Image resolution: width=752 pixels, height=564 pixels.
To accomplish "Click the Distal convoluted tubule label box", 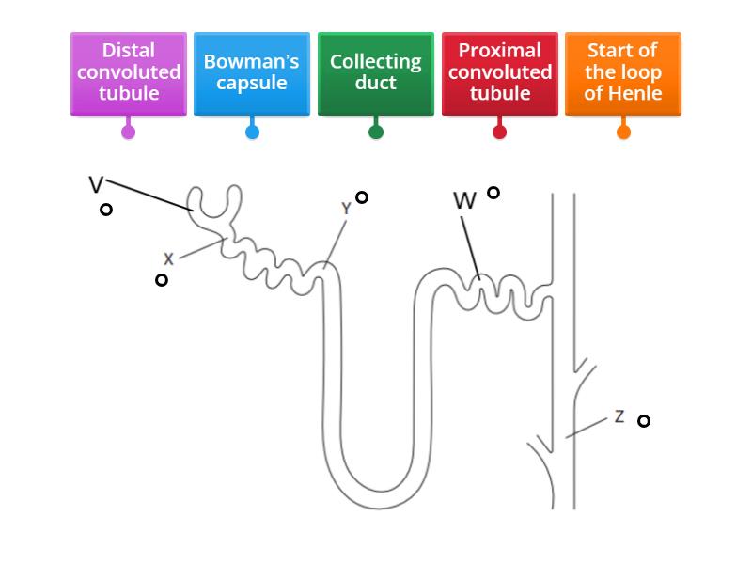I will coord(129,72).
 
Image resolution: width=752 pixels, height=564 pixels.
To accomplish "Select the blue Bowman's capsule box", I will coord(251,72).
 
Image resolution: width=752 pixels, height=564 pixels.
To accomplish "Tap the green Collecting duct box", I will coord(375,72).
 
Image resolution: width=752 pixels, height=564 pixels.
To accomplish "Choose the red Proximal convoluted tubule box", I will coord(499,72).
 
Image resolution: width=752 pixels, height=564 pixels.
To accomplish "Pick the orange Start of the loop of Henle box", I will coord(622,72).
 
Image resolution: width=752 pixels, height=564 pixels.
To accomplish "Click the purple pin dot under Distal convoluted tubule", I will coord(129,132).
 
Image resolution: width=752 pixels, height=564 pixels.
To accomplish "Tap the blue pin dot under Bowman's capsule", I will coord(252,132).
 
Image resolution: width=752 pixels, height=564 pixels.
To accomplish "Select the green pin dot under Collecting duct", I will coord(376,132).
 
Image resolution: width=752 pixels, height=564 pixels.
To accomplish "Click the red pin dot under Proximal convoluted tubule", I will coord(499,132).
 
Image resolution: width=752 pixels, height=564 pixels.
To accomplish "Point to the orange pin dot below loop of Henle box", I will coord(623,132).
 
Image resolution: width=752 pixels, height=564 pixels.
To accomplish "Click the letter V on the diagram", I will coord(96,184).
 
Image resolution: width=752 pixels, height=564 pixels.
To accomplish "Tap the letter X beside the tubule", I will coord(168,258).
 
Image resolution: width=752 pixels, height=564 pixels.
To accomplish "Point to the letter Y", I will coord(346,209).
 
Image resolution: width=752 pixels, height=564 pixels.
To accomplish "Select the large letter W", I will coord(464,201).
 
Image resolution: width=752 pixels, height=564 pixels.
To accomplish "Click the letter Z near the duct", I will coord(619,416).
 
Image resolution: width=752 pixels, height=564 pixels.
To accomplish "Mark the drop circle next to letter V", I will coord(106,210).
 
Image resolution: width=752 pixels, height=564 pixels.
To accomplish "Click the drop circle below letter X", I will coord(162,280).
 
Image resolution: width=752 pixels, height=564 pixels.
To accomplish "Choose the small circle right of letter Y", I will coord(362,197).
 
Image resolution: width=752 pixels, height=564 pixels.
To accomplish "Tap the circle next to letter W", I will coord(493,193).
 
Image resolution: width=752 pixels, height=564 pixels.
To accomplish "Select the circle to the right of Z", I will coord(644,421).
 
